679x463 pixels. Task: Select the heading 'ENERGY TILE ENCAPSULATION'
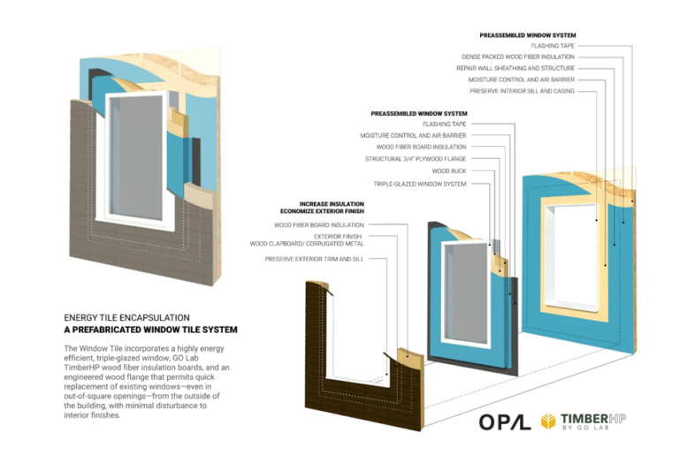pos(127,316)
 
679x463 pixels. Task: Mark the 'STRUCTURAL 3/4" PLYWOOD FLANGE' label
pos(416,159)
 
